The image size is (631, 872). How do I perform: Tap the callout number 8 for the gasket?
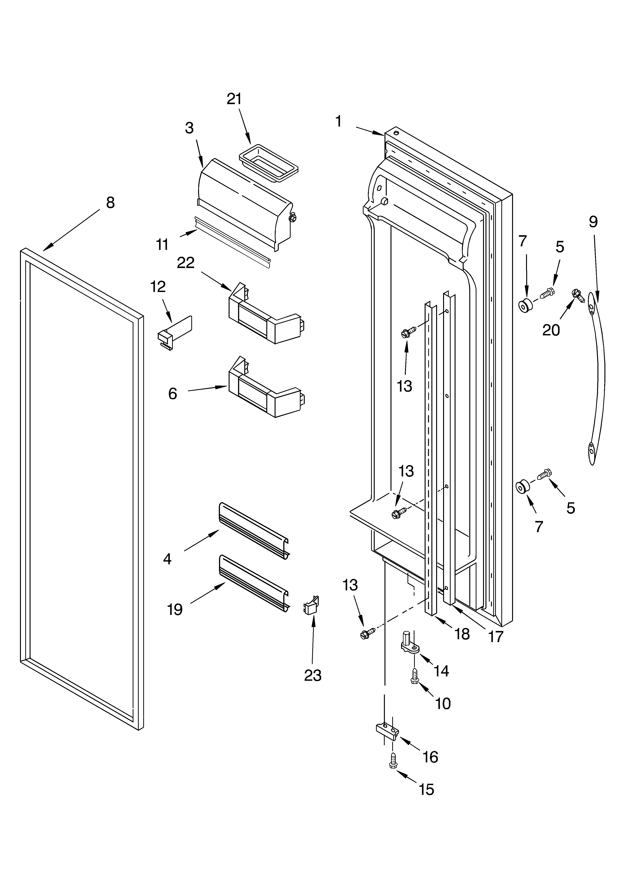click(x=110, y=203)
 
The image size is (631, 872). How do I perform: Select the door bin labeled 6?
click(x=265, y=388)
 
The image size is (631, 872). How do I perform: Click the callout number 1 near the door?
click(x=338, y=121)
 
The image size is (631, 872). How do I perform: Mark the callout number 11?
click(x=162, y=244)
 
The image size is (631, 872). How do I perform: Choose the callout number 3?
click(x=189, y=128)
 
